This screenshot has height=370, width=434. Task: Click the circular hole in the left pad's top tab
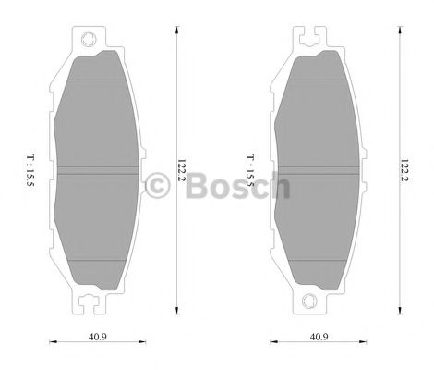click(x=90, y=40)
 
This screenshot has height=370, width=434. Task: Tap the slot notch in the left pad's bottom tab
click(x=90, y=301)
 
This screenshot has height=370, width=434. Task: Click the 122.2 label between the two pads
click(x=183, y=171)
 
